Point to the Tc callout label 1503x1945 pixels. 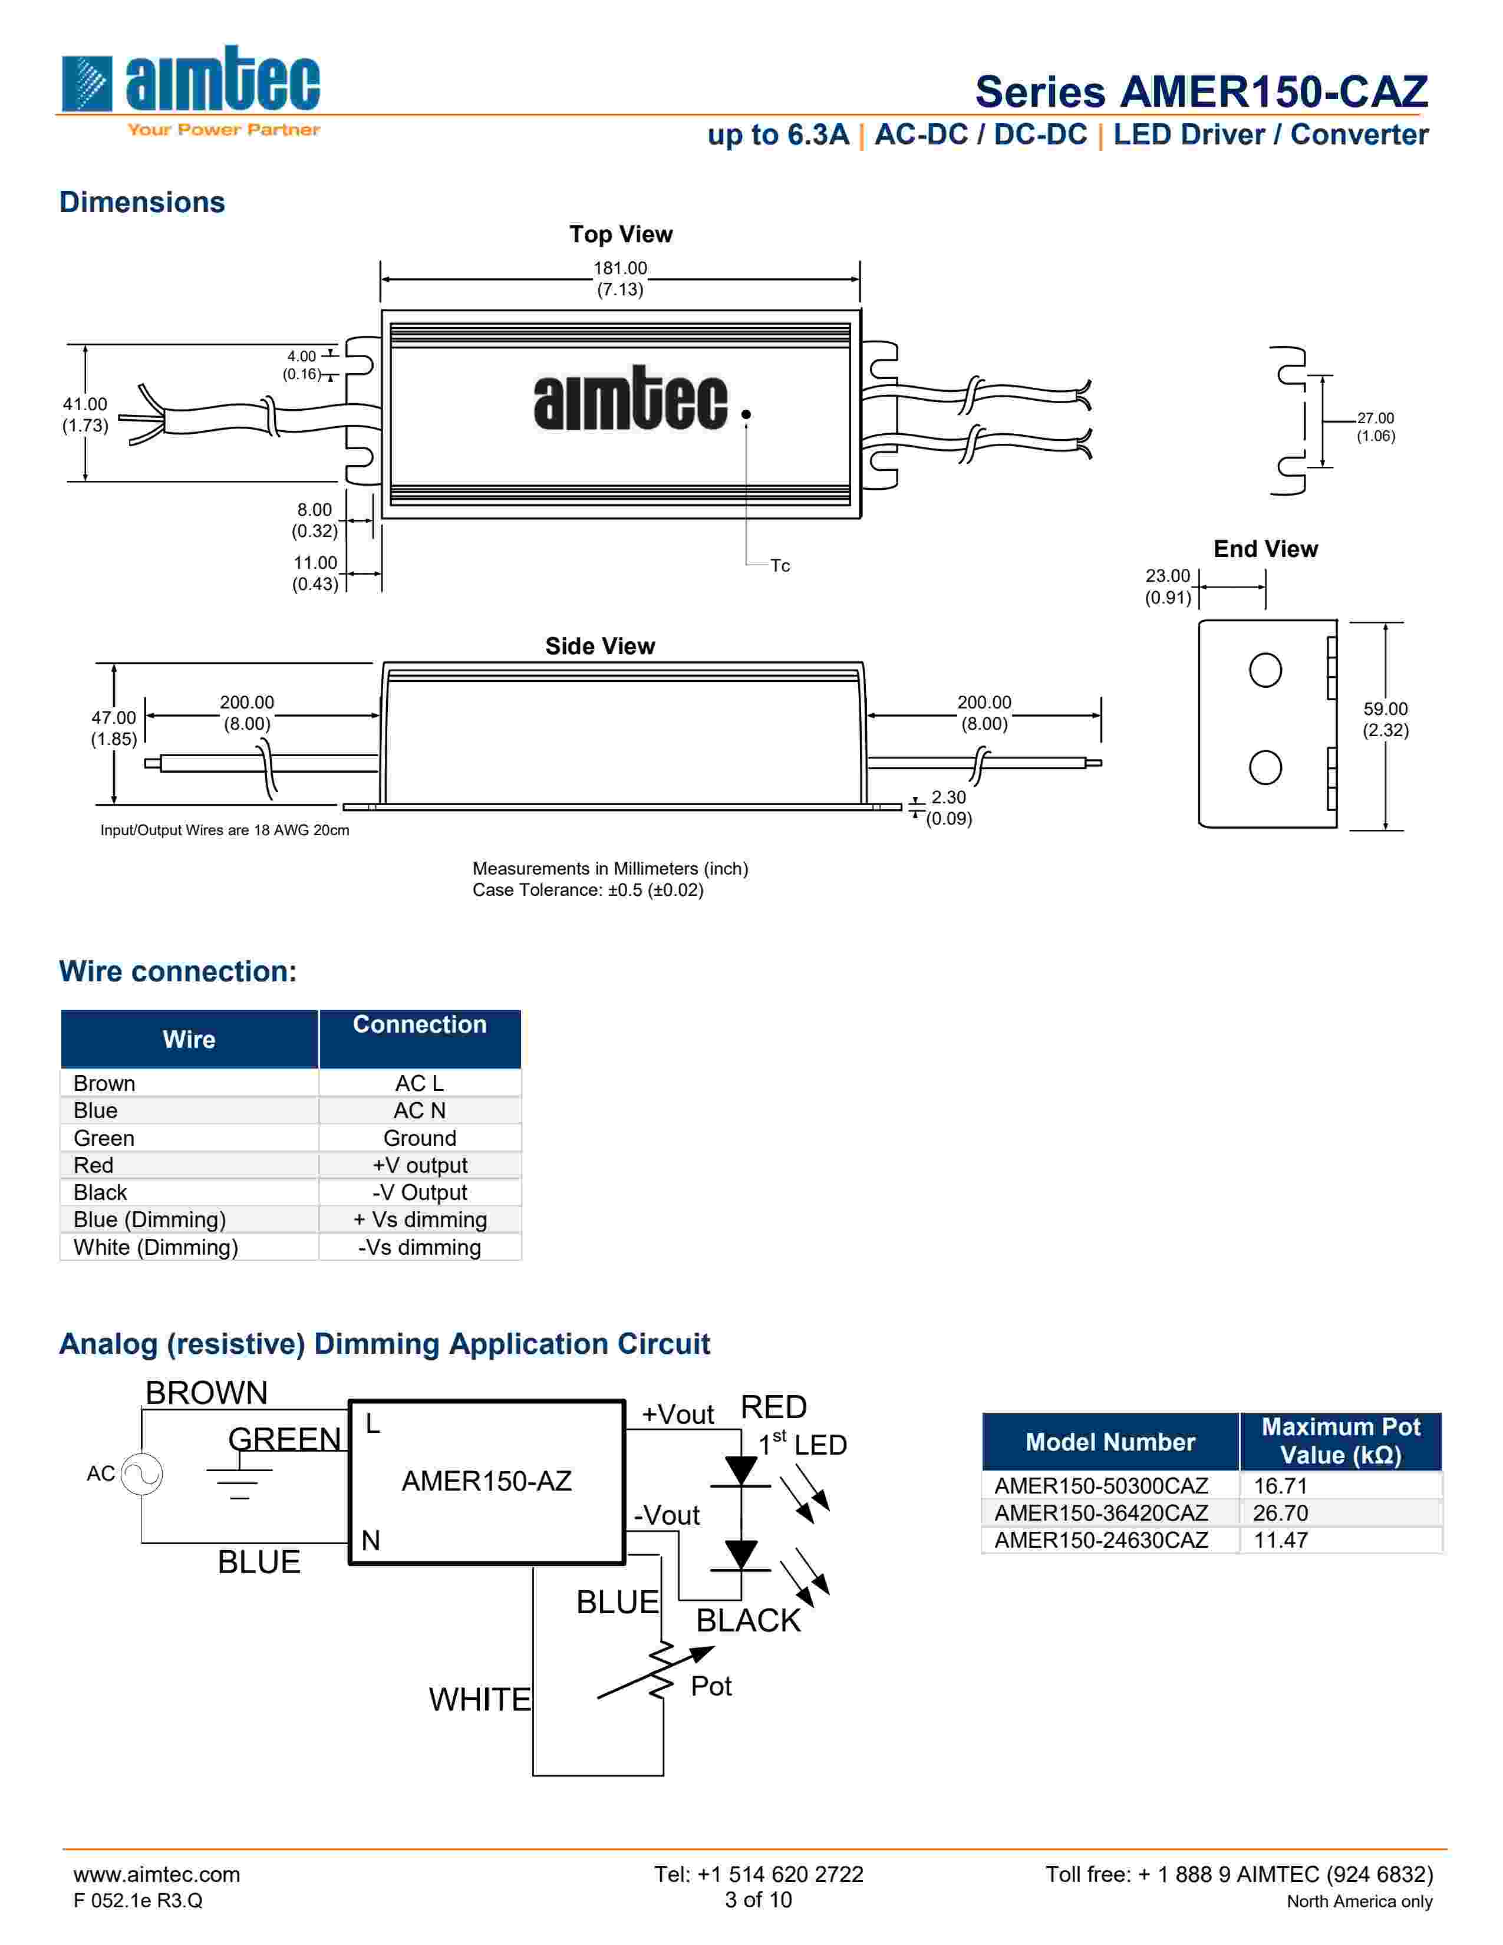coord(780,565)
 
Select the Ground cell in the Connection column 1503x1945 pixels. coord(420,1138)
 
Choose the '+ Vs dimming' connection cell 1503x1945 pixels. coord(420,1219)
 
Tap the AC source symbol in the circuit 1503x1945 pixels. coord(141,1474)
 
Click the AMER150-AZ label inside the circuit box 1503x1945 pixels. coord(486,1481)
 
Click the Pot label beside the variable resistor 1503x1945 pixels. coord(711,1686)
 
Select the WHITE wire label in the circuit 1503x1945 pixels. coord(479,1699)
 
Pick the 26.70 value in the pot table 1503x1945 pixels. coord(1280,1512)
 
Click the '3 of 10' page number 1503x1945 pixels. coord(758,1900)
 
